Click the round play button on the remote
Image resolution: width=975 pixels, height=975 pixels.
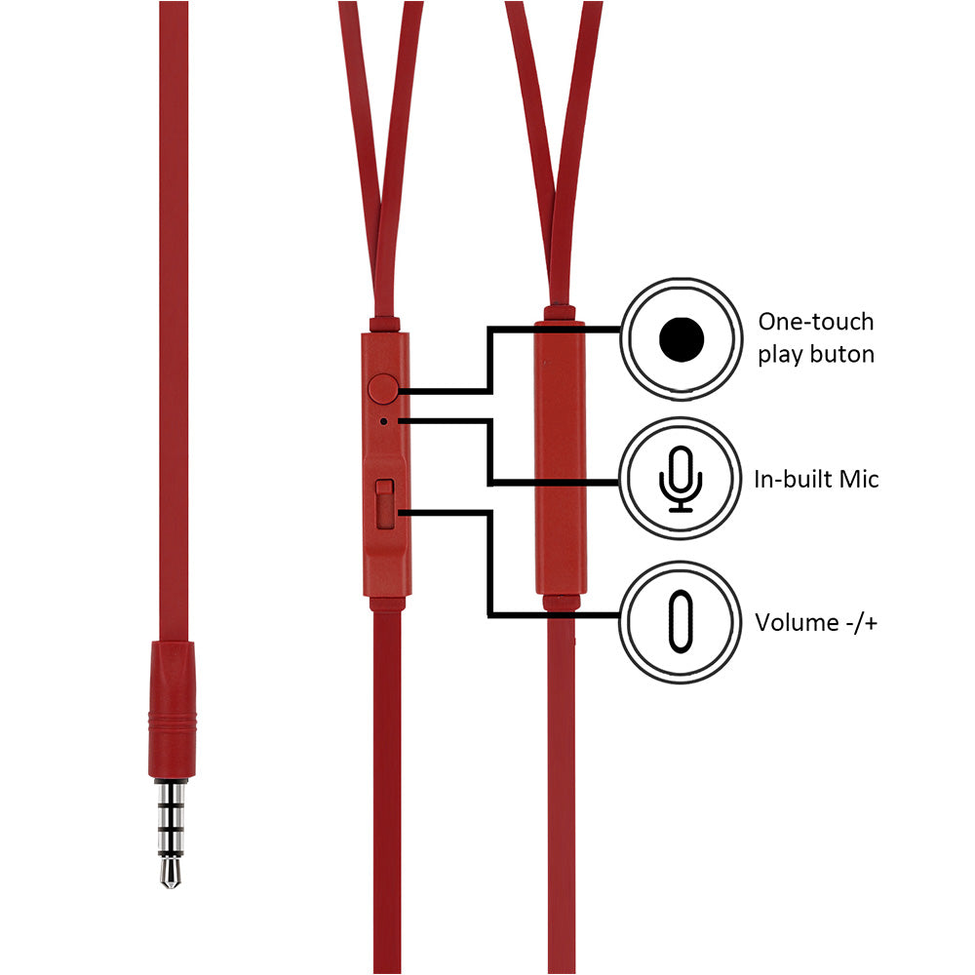click(384, 389)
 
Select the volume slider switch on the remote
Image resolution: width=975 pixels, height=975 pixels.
click(385, 502)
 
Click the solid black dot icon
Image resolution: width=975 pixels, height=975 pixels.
click(681, 338)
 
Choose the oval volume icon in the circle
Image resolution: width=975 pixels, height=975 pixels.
click(680, 621)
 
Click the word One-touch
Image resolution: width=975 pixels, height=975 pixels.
click(816, 322)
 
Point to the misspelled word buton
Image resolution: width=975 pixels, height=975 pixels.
click(843, 353)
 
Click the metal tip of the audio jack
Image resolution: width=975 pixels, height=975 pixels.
click(172, 872)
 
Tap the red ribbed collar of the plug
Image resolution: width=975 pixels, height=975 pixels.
click(172, 721)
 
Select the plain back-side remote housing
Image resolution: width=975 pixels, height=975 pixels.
click(561, 458)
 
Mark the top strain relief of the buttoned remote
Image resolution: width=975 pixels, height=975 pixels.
click(384, 323)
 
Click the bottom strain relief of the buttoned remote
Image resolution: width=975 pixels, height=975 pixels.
click(387, 604)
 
